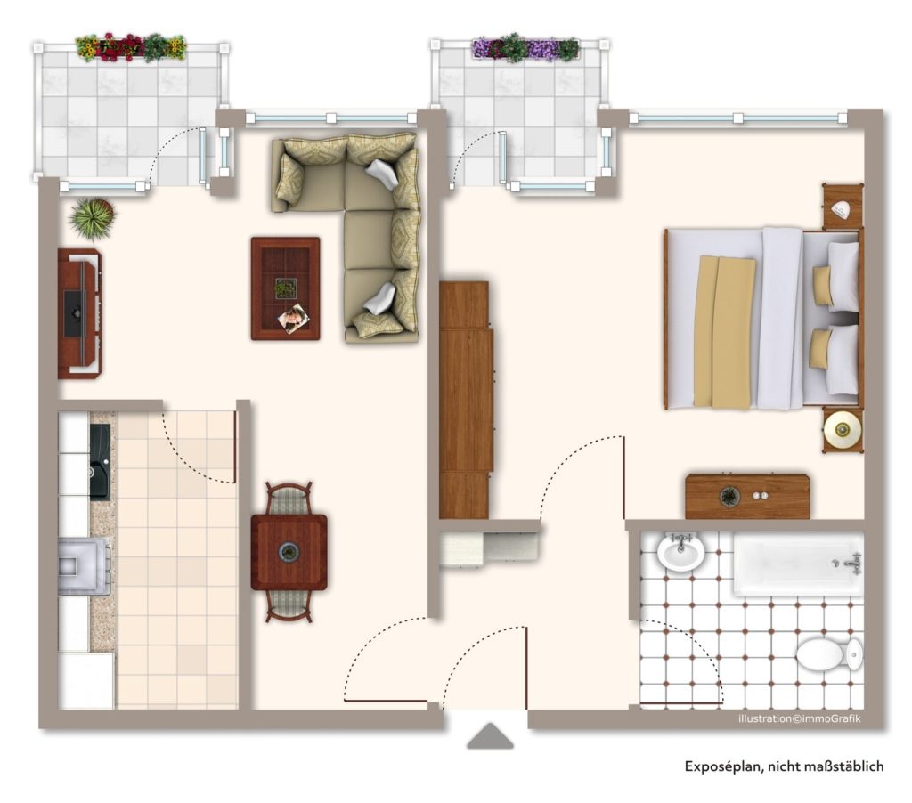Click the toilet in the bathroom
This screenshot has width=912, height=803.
(x=829, y=654)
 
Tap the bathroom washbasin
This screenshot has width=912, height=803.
(x=680, y=551)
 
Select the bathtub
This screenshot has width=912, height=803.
(x=798, y=564)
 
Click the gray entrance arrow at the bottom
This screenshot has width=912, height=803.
(x=490, y=736)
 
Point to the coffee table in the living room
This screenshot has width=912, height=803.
(x=286, y=288)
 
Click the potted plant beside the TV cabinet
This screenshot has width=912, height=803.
(x=93, y=217)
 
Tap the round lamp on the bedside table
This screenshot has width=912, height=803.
(x=843, y=430)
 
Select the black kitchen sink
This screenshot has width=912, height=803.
(x=100, y=461)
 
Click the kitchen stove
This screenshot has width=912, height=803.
(x=85, y=565)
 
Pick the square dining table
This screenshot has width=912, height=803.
(x=289, y=552)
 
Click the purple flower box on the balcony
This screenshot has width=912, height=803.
(x=525, y=48)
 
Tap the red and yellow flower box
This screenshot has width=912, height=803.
(x=131, y=47)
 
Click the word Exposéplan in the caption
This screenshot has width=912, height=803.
(x=722, y=766)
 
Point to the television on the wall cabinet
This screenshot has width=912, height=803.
(x=75, y=314)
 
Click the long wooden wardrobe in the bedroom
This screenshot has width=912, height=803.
(x=466, y=400)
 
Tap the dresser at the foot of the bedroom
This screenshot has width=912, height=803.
(x=747, y=496)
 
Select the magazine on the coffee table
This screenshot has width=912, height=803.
(x=294, y=320)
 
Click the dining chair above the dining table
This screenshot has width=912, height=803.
(x=289, y=498)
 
